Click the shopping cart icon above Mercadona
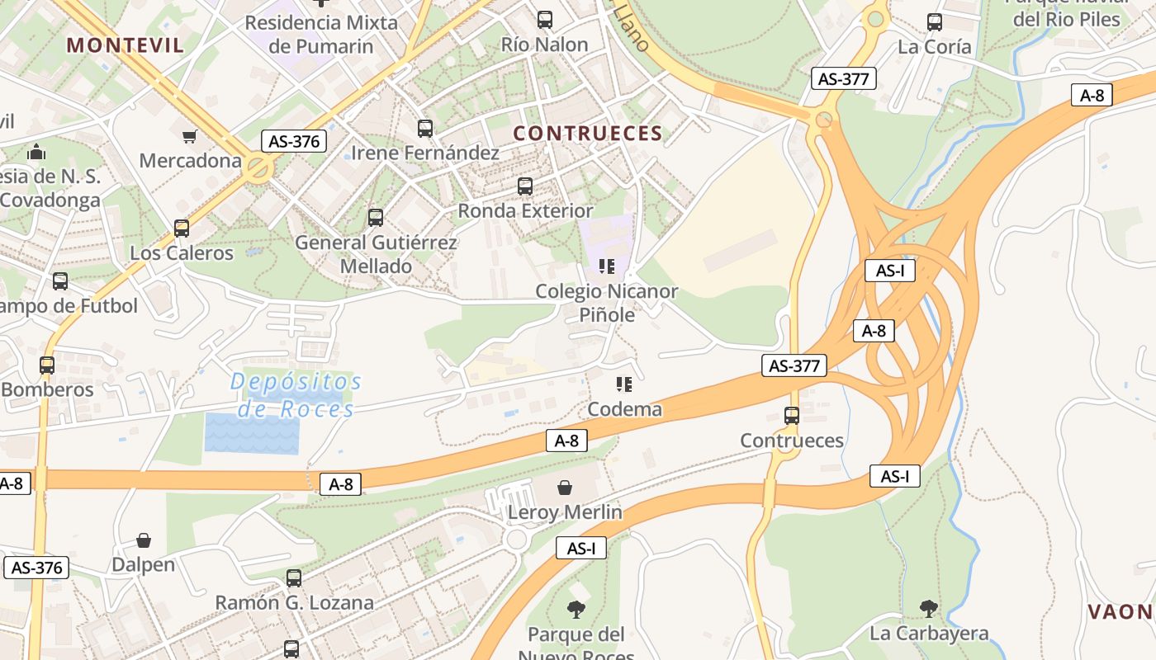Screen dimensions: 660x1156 tap(190, 136)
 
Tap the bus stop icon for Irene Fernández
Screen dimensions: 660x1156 tap(425, 129)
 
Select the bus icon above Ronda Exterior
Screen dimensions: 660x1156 tap(525, 186)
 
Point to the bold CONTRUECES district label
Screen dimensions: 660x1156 tap(588, 134)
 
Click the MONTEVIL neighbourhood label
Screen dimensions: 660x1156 tap(126, 45)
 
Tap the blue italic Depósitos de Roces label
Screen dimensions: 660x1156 tap(296, 395)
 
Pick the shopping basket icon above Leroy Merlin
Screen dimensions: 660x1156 tap(565, 488)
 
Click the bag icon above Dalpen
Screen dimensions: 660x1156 tap(144, 540)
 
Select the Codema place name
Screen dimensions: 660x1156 tap(624, 409)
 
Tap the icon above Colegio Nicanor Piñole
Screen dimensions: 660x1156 tap(607, 266)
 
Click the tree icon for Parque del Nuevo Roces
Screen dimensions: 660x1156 tap(576, 610)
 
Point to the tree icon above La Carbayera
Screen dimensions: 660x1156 tap(929, 609)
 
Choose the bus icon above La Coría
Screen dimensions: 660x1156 tap(935, 22)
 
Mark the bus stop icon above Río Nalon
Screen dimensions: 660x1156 tap(545, 20)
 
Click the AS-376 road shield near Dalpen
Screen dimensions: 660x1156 tap(36, 568)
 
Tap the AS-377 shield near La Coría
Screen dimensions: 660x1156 tap(843, 79)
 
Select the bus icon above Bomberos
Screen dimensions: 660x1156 tap(47, 365)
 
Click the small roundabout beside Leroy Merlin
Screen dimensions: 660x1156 tap(517, 540)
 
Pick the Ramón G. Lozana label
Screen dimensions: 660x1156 tap(294, 603)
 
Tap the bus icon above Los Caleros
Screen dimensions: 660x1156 tap(182, 229)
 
